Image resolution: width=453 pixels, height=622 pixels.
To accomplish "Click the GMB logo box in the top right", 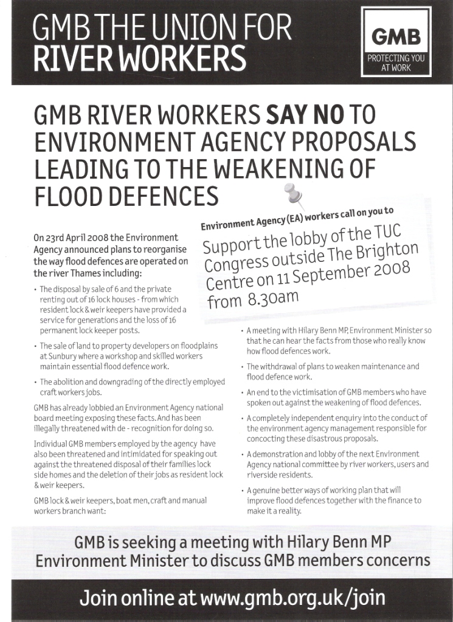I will tap(396, 41).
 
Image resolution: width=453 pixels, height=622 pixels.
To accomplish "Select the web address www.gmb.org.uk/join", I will tap(292, 598).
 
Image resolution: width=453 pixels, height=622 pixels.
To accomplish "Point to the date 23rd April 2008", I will tap(75, 238).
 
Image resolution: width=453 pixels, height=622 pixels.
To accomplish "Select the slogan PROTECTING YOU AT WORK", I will tap(396, 63).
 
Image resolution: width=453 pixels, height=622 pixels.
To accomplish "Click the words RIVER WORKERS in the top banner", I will tap(140, 59).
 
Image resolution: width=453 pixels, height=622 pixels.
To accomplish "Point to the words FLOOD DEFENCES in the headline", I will tap(126, 196).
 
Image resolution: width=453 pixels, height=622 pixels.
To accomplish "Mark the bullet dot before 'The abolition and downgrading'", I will tap(35, 383).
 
